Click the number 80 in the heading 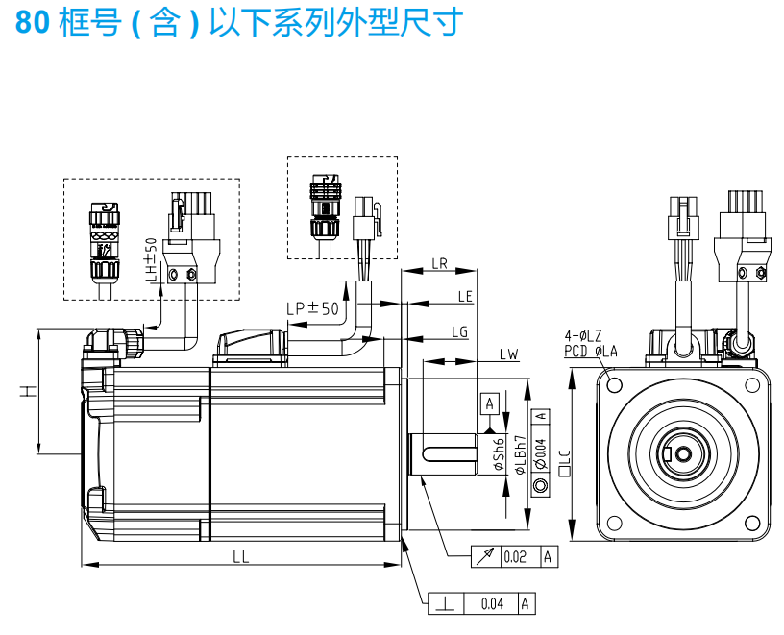pos(32,22)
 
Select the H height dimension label pos(28,391)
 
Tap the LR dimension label pos(440,262)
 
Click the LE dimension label pos(465,296)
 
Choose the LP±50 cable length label pos(312,308)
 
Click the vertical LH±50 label pos(150,261)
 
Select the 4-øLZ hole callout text pos(582,335)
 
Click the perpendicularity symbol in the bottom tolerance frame pos(448,604)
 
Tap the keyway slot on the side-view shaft pos(448,450)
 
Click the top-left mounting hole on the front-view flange pos(612,384)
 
